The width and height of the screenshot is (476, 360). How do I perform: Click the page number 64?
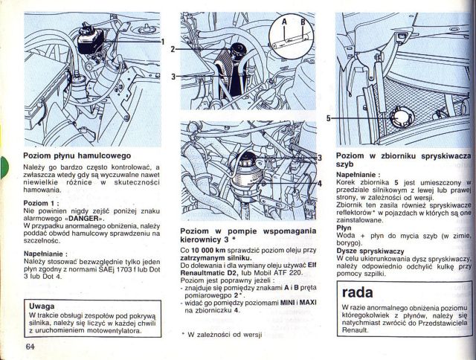coord(30,346)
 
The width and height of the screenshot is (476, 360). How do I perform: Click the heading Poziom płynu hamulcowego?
coord(77,156)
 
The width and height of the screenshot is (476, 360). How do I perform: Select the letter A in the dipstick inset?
coord(283,23)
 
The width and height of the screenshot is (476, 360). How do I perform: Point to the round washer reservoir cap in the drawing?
coord(397,118)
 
